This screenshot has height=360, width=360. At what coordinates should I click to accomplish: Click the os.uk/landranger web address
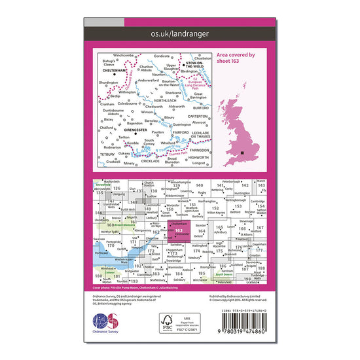[x=179, y=33]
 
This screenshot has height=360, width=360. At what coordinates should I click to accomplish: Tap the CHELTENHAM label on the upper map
[x=113, y=71]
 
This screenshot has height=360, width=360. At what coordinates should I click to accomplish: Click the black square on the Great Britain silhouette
[x=243, y=153]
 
